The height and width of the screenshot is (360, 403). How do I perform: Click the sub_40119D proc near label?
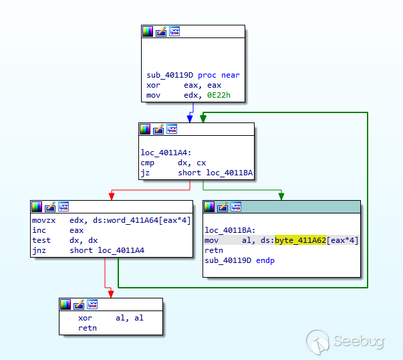(192, 75)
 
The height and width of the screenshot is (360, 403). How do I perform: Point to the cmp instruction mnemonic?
(147, 163)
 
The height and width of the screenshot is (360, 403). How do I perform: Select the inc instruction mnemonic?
(39, 230)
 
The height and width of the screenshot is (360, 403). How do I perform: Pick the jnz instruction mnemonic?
(39, 250)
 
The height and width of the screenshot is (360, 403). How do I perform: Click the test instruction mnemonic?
(41, 240)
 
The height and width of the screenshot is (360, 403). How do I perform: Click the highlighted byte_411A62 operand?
(300, 240)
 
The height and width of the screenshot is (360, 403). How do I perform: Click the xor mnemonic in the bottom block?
(85, 318)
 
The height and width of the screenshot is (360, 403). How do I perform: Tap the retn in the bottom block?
(87, 329)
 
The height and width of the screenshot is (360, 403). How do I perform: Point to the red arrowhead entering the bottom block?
(111, 294)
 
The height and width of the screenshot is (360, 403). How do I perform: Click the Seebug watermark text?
(358, 341)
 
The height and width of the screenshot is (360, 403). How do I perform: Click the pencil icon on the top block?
(161, 31)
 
